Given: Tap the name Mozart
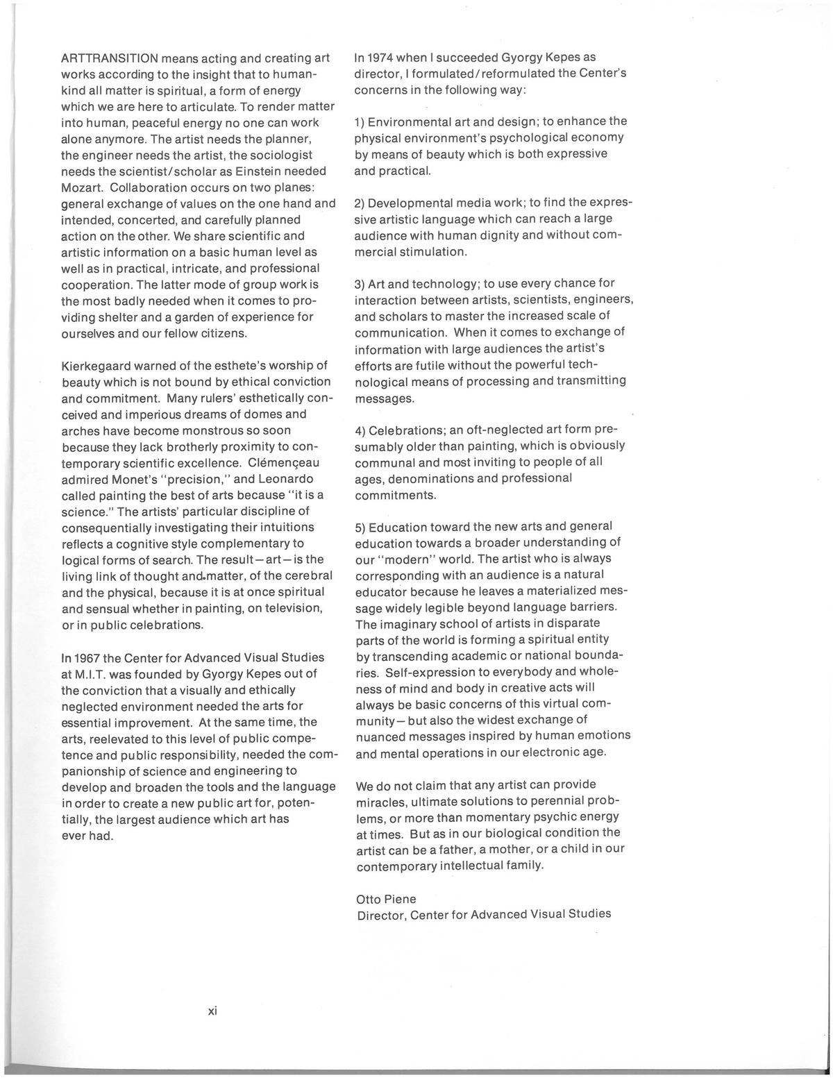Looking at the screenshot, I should coord(82,187).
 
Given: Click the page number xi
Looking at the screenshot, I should coord(213,1011).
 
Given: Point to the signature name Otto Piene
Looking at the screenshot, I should coord(386,899).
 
